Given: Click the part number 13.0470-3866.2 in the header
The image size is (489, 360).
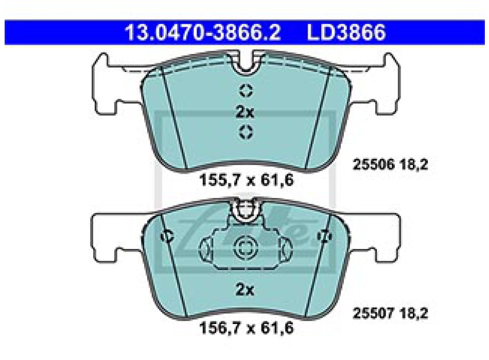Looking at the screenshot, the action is coord(203,32).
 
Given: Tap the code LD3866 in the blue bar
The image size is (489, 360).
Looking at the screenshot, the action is coord(346,32).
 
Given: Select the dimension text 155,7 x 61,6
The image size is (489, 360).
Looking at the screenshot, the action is coord(247,180).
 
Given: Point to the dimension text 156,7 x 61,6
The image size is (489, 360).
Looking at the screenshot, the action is coord(247,328).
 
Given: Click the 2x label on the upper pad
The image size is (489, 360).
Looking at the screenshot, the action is coord(245,112).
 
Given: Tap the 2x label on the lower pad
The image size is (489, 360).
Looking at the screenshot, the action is coord(245,290).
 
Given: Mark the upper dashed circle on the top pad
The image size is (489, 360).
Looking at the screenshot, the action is coord(246,91).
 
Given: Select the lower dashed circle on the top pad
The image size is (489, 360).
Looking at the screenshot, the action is coord(246,132).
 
